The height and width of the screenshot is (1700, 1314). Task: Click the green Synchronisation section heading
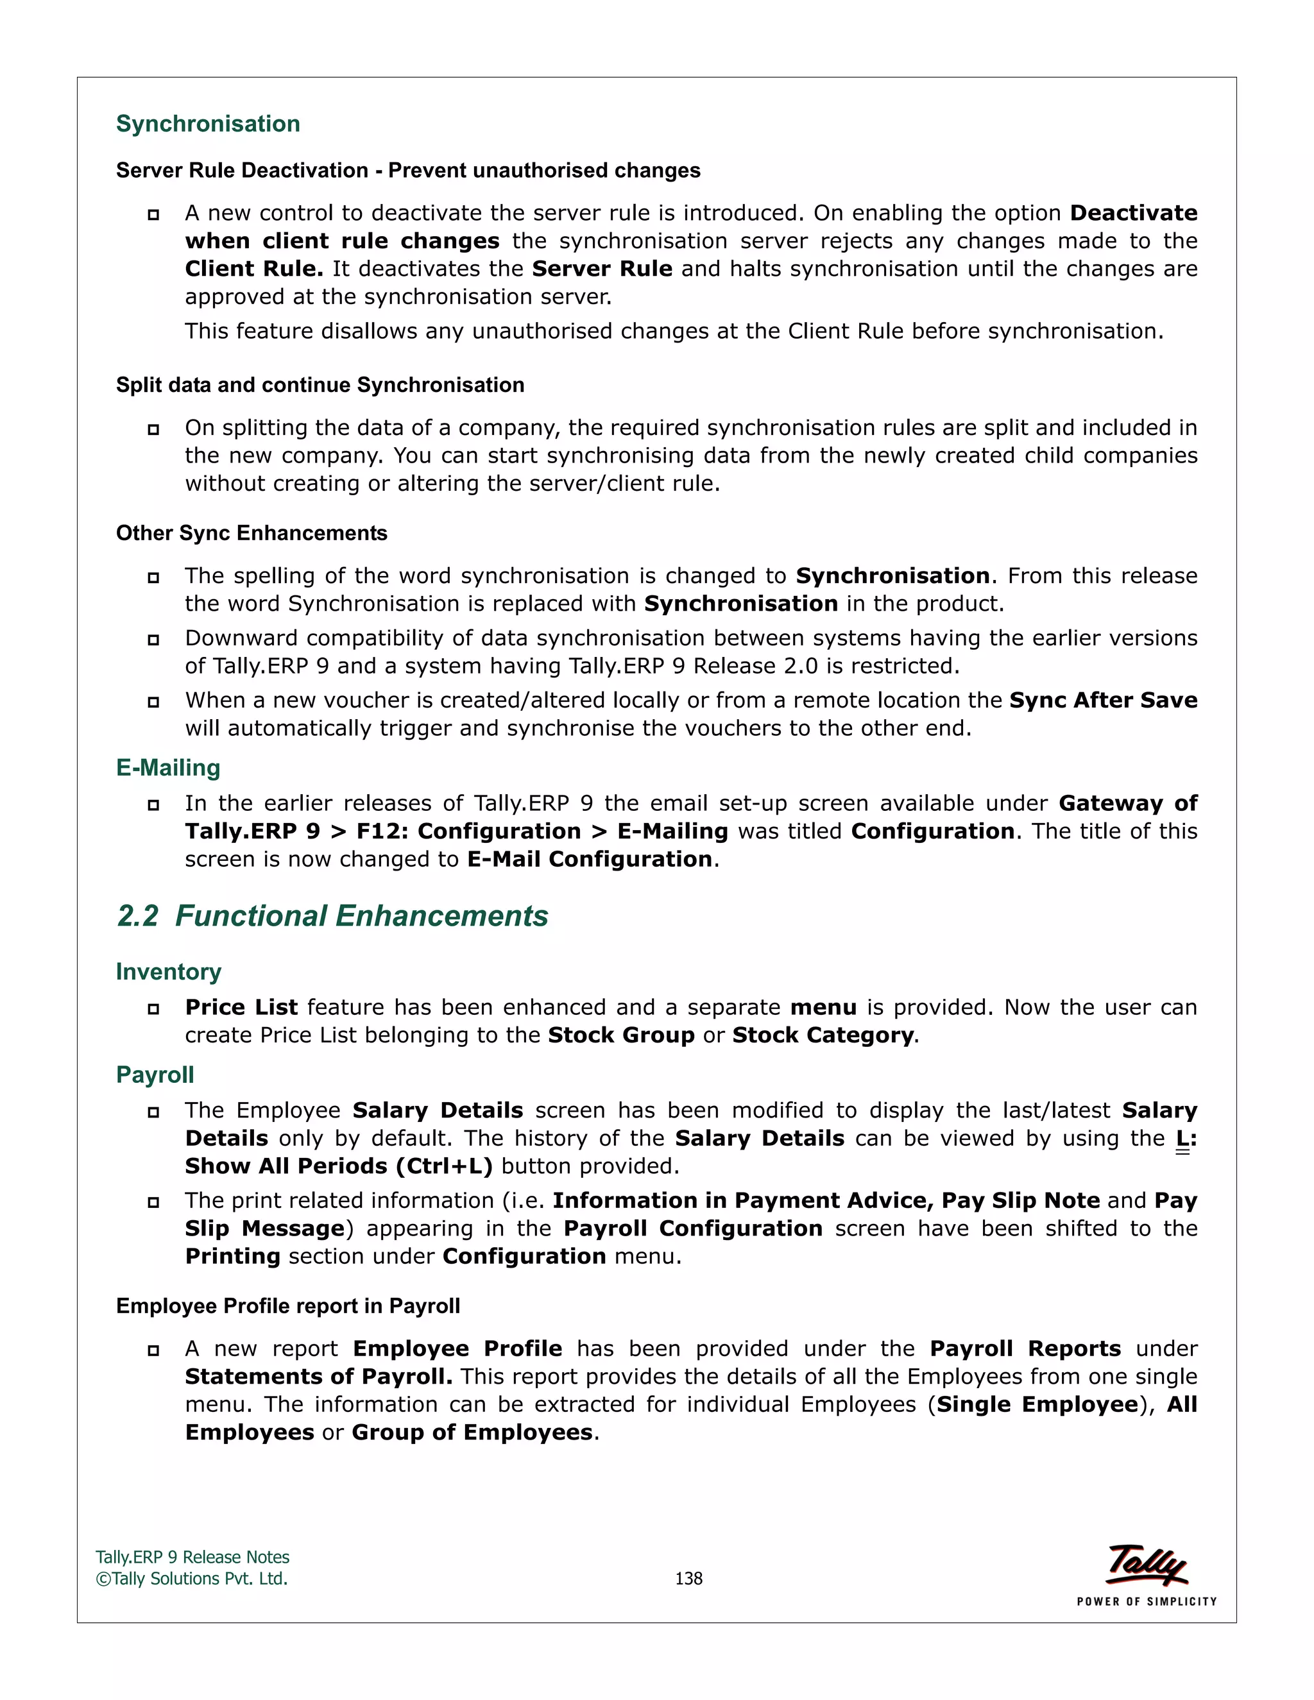[208, 124]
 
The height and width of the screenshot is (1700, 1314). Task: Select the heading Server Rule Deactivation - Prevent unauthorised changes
[408, 171]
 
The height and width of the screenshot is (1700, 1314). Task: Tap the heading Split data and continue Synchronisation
[320, 386]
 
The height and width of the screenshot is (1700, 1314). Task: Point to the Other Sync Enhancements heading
[252, 533]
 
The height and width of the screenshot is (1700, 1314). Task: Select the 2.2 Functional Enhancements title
[332, 916]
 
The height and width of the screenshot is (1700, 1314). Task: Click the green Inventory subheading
[168, 971]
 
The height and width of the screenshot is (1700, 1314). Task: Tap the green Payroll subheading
[155, 1075]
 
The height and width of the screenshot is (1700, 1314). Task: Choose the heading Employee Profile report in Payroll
[288, 1306]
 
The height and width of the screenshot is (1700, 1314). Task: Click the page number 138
[688, 1579]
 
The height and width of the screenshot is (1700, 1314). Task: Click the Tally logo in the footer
[1147, 1565]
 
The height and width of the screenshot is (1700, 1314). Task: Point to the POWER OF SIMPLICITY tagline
[1147, 1602]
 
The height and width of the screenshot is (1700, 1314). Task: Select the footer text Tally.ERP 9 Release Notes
[192, 1558]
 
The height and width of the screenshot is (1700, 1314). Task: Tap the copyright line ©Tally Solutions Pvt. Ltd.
[191, 1579]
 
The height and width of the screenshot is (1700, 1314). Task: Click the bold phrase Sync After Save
[1103, 701]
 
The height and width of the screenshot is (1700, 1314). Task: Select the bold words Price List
[241, 1007]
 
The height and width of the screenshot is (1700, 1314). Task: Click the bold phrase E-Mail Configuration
[589, 860]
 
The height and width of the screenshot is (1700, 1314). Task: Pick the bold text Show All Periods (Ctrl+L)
[339, 1166]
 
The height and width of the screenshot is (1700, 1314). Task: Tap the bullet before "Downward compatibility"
[153, 640]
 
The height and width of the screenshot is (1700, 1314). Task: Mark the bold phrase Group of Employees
[472, 1432]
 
